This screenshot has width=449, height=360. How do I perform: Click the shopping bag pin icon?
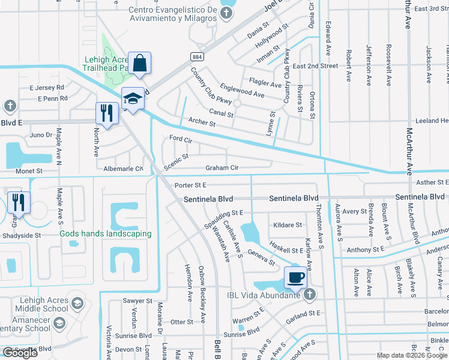point(139,63)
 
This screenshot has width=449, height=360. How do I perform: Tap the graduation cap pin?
point(133,98)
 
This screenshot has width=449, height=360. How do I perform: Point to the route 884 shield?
point(196,56)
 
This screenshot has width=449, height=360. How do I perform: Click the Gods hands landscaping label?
point(105,233)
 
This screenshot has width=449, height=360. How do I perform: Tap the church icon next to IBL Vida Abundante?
point(309,294)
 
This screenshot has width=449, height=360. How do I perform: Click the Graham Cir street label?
point(222,168)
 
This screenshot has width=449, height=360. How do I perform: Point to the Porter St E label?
point(190,185)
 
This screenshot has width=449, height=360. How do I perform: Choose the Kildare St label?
point(288,225)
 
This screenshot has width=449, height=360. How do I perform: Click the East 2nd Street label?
point(316,66)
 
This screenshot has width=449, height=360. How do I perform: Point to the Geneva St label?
point(261,258)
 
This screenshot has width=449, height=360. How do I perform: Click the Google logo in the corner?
point(20,352)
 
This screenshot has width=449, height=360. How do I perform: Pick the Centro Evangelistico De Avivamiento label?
point(172,14)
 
